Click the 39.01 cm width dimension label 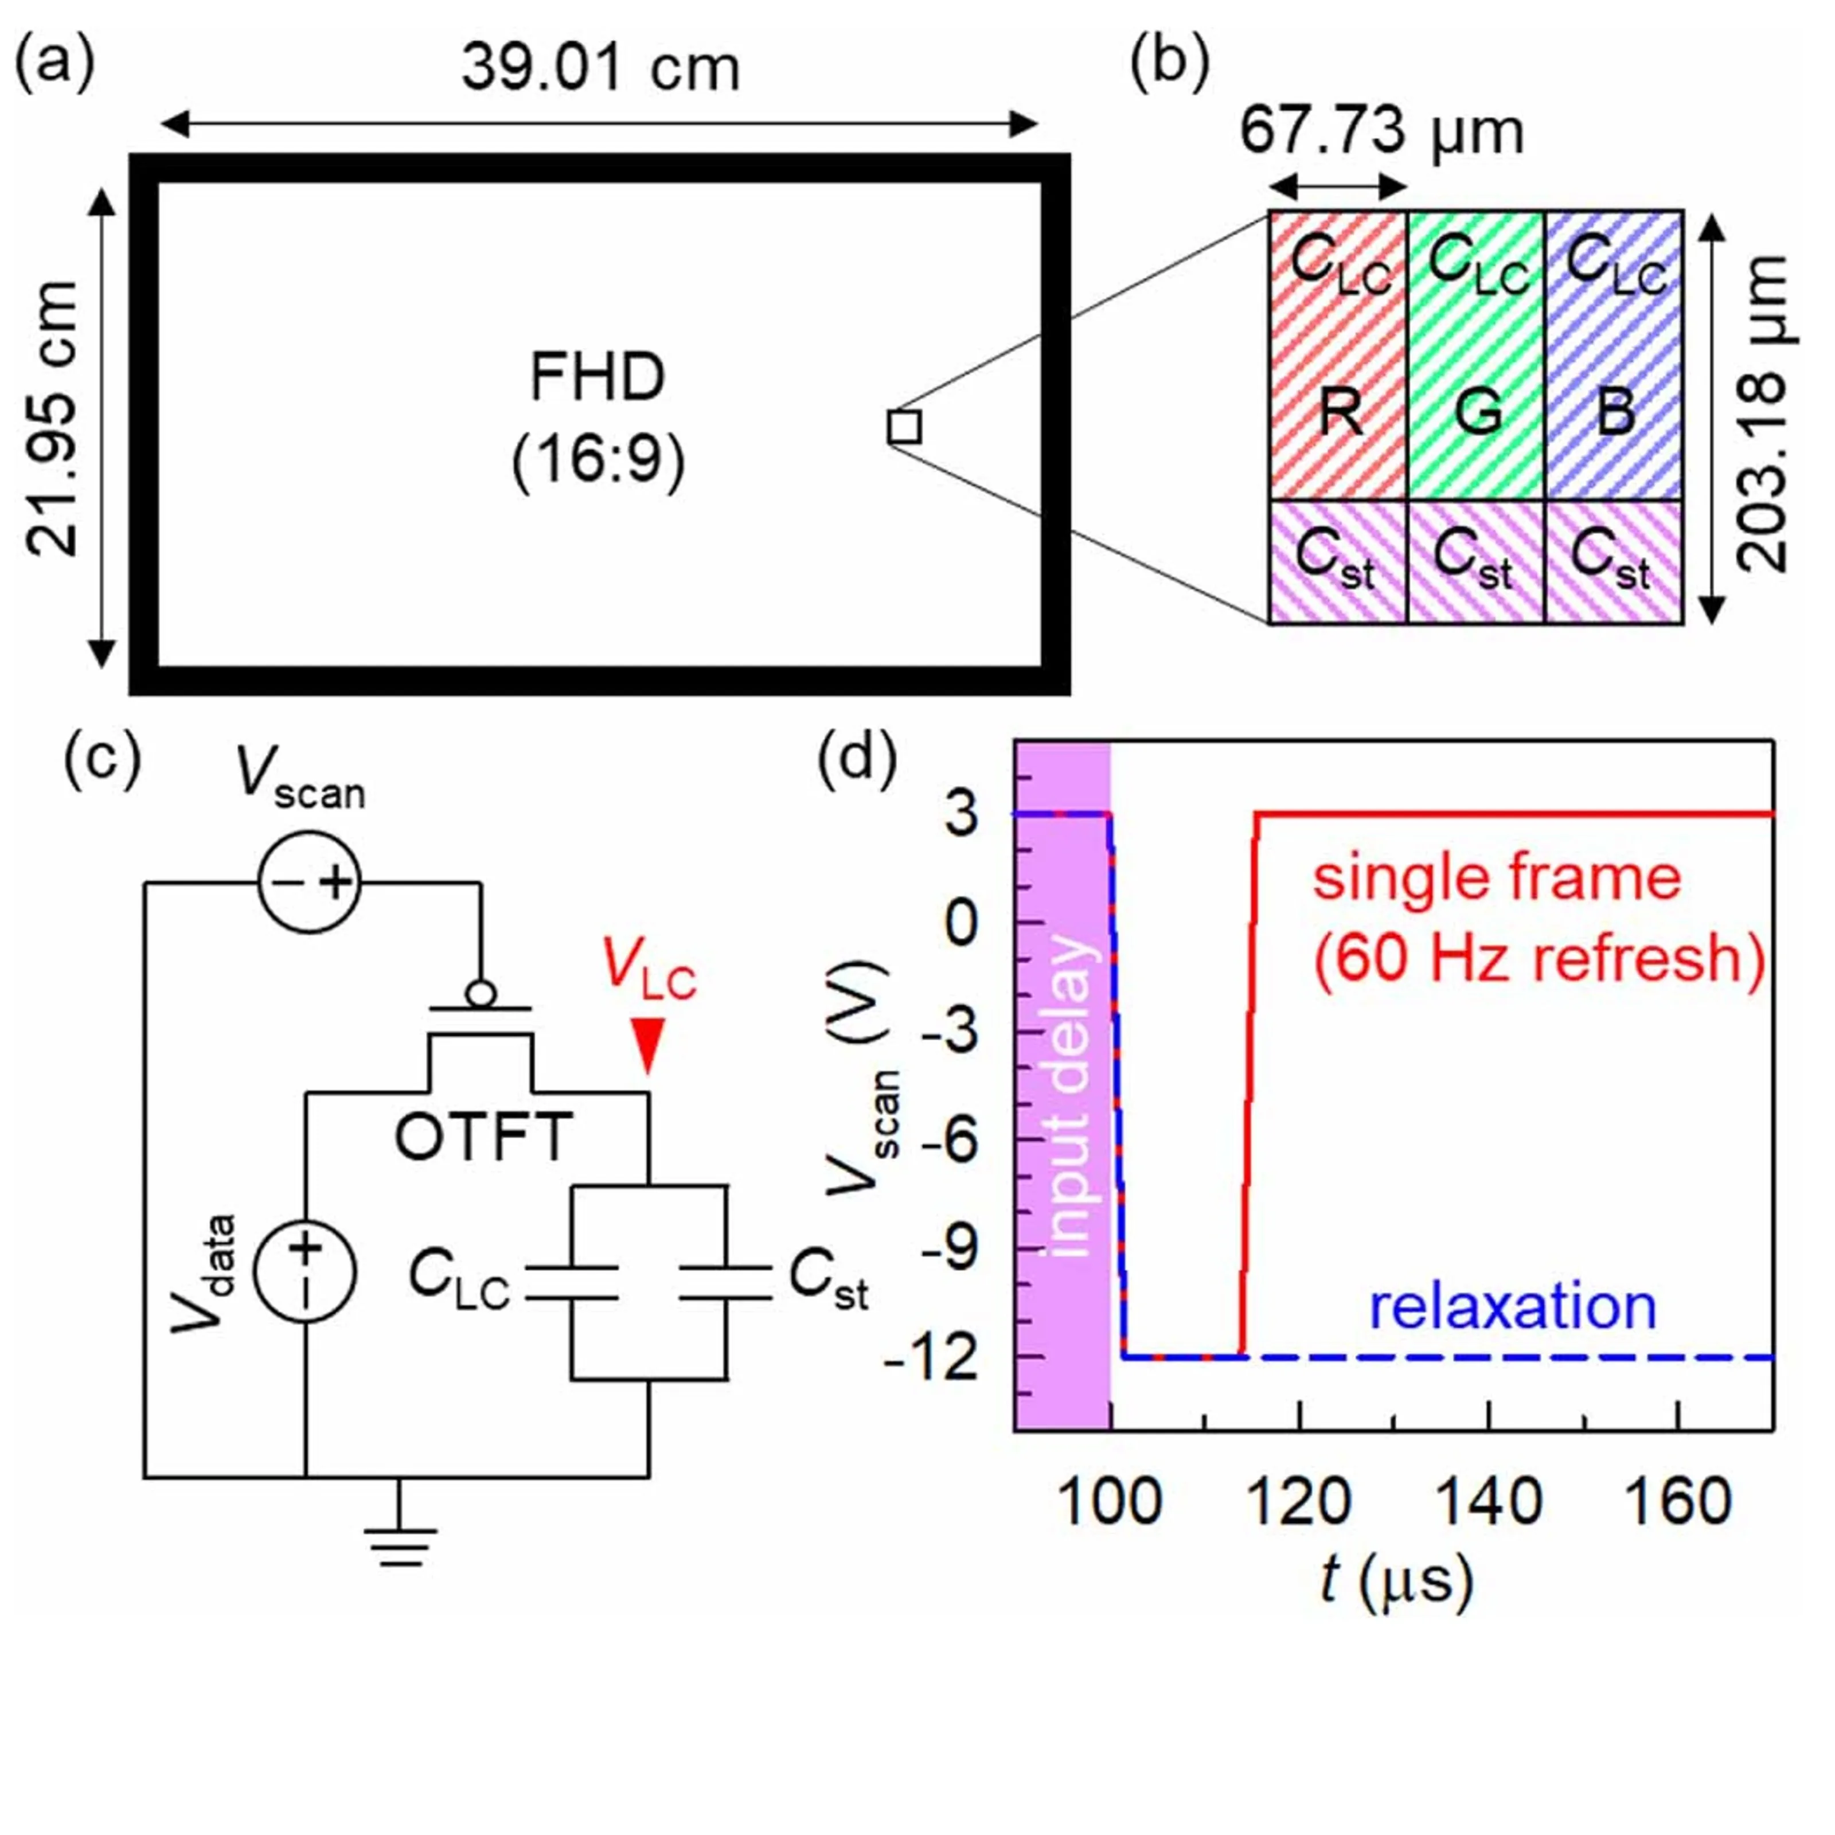coord(600,69)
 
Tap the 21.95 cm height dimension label coord(52,419)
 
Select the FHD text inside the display coord(598,377)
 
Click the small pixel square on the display coord(904,427)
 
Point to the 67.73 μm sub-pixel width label coord(1382,131)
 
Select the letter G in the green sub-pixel coord(1478,413)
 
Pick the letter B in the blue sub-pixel coord(1615,413)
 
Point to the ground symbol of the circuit coord(400,1546)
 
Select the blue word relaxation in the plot coord(1512,1308)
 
